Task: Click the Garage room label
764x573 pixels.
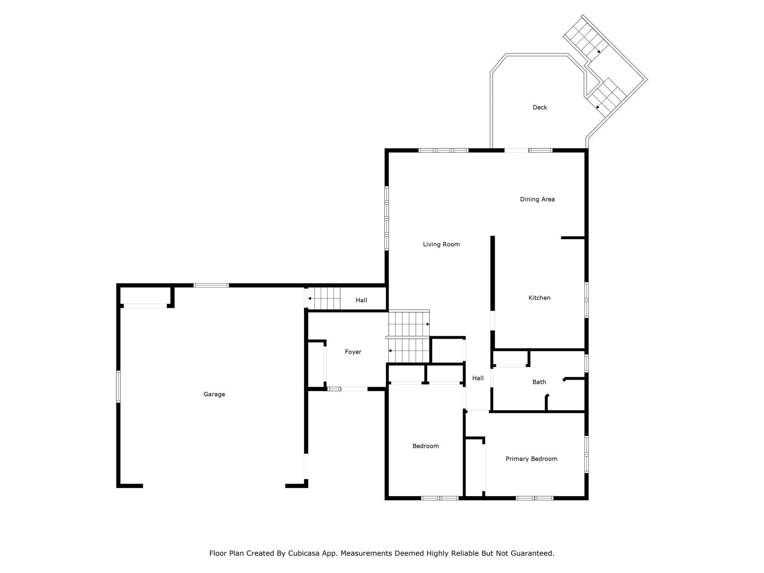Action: (x=214, y=394)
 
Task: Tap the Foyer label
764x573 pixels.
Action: (x=353, y=352)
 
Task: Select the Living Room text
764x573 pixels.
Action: (x=441, y=244)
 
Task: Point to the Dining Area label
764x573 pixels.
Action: (x=537, y=199)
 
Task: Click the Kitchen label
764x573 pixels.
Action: (x=539, y=298)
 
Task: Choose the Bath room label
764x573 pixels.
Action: (x=539, y=382)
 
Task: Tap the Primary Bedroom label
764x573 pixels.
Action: (x=531, y=459)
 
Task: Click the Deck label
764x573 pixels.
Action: (x=540, y=107)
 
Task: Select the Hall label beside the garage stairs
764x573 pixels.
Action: (x=361, y=300)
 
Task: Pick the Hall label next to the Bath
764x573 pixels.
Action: (x=478, y=378)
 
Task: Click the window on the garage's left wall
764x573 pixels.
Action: (x=118, y=386)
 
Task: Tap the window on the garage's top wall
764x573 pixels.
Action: (x=211, y=285)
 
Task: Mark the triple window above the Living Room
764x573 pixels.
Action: (x=444, y=150)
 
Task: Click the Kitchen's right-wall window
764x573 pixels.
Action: (x=587, y=300)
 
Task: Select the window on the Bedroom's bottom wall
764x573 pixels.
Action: (x=440, y=498)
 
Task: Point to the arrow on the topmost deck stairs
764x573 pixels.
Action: (x=598, y=51)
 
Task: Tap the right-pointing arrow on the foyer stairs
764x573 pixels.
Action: (x=428, y=324)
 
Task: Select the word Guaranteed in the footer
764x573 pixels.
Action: (x=531, y=553)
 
